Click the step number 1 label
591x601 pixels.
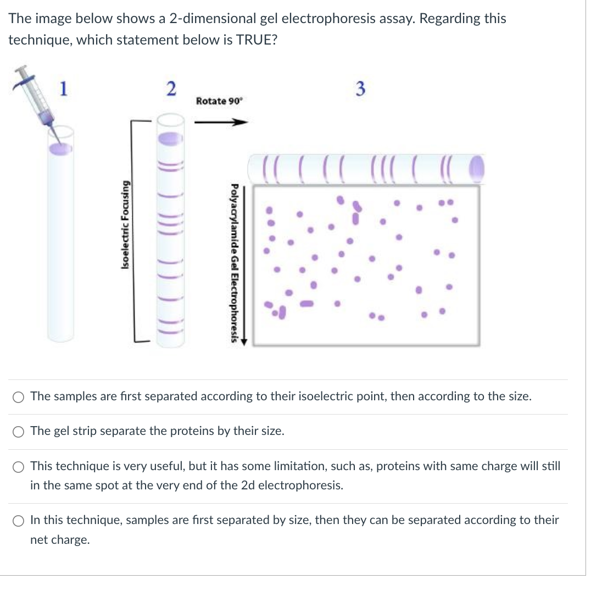point(64,87)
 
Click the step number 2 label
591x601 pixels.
point(171,88)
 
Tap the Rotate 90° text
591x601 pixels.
point(219,101)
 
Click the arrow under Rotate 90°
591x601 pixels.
point(220,123)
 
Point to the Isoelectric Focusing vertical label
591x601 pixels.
point(126,225)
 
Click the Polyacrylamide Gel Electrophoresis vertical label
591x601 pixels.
point(235,262)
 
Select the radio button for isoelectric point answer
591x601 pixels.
point(19,397)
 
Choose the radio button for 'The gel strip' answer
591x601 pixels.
point(19,432)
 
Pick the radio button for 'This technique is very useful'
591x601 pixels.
point(19,467)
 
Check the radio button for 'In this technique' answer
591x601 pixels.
point(19,521)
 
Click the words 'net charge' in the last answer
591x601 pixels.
point(59,540)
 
